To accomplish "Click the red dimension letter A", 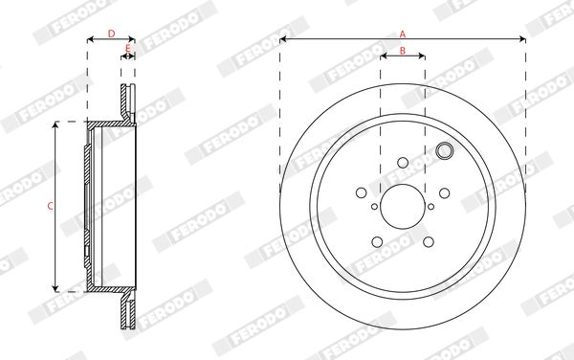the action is [403, 34].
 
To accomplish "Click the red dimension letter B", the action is [403, 51].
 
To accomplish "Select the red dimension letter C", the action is [51, 206].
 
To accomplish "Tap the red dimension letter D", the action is [111, 34].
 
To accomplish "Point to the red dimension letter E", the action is [128, 48].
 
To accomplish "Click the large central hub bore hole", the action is [403, 207].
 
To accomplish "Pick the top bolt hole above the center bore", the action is [403, 163].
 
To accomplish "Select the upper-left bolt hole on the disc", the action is [362, 192].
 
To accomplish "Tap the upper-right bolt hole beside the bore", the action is [445, 193].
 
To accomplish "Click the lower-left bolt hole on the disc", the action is [377, 241].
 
